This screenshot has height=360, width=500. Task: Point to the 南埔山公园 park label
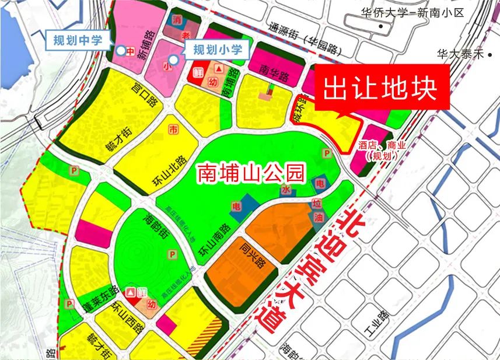(251, 173)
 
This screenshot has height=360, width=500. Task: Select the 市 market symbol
(173, 128)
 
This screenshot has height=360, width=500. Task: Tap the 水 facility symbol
(286, 190)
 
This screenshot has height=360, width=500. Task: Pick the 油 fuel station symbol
(318, 217)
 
